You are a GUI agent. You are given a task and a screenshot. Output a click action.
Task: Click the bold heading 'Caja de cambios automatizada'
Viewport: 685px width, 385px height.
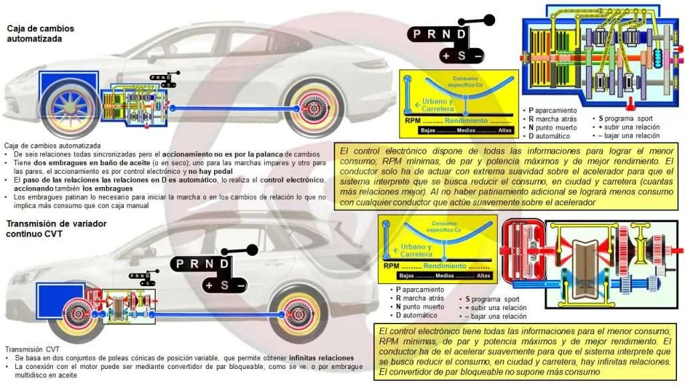click(x=40, y=33)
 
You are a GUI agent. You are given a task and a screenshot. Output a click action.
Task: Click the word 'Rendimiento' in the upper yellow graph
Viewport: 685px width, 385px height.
click(x=467, y=121)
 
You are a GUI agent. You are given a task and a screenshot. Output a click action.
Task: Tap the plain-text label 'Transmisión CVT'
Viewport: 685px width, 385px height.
click(x=31, y=350)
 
